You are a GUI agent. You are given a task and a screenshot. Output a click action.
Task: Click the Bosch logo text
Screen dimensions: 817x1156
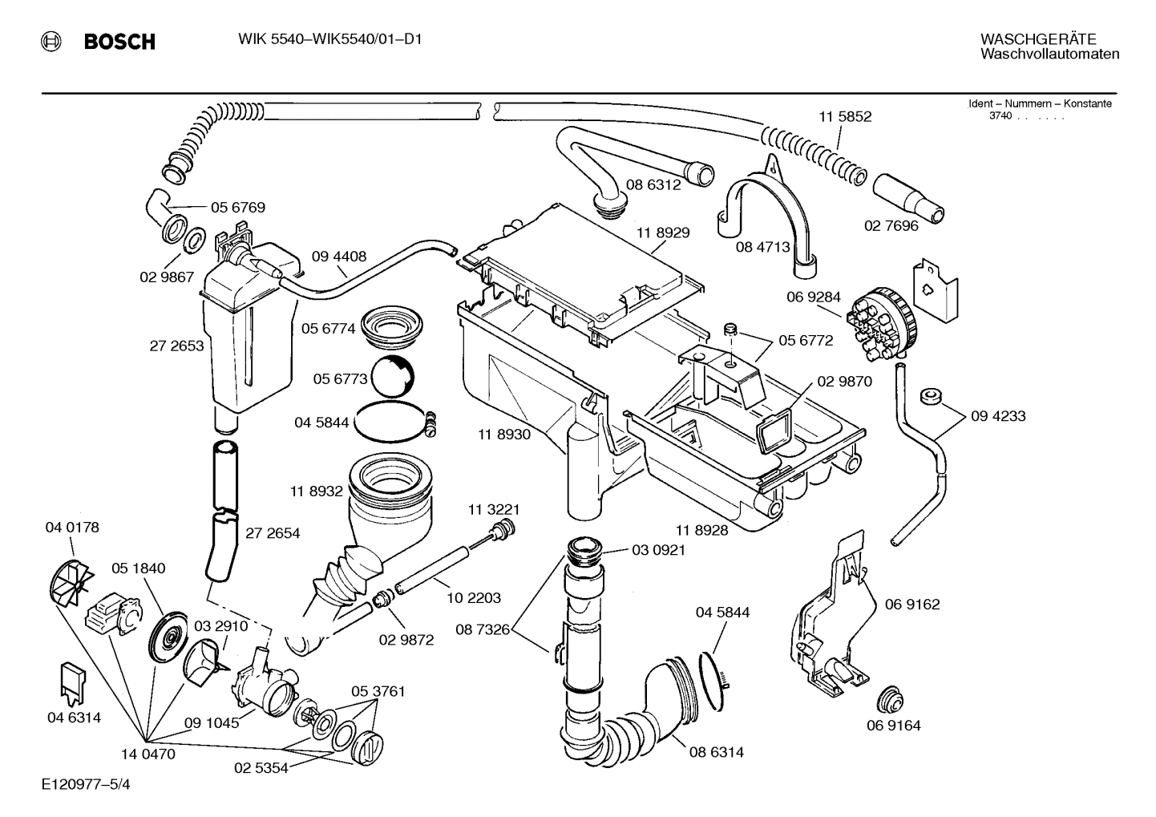[119, 42]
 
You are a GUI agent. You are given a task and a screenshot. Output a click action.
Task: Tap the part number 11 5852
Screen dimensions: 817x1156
[844, 117]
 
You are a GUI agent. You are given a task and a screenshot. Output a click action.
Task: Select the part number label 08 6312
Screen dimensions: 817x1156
[653, 185]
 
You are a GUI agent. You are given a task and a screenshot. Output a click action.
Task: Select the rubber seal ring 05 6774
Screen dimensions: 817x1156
[392, 328]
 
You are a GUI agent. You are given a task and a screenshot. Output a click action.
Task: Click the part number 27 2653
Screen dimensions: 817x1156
[176, 346]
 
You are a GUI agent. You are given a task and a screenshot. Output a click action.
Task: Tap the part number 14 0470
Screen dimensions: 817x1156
[148, 754]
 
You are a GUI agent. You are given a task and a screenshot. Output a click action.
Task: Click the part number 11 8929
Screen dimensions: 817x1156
[663, 233]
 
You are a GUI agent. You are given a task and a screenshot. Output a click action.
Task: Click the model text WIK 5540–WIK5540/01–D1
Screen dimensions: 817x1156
[330, 39]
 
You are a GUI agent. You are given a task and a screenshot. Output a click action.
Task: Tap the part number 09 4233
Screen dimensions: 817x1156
[997, 416]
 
